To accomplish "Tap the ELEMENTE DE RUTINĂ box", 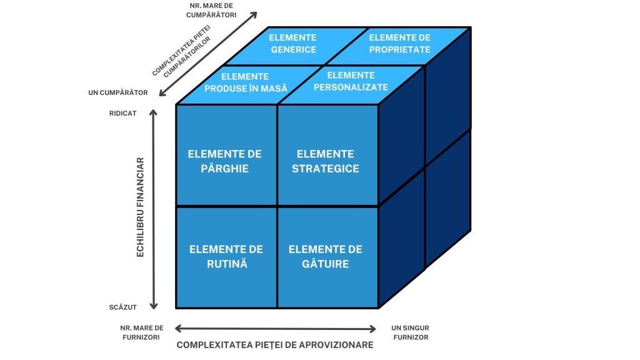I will point(226,257).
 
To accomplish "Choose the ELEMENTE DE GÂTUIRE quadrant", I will point(327,257).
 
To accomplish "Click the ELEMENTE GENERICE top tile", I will point(294,44).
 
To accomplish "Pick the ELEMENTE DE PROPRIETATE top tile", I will point(400,44).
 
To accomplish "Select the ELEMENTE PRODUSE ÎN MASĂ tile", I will point(246,82).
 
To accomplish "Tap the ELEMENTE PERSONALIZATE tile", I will point(351,82).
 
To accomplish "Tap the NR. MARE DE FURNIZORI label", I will point(142,332).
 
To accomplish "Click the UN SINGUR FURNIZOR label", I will point(410,332).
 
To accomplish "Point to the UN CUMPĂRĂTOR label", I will point(118,93).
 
